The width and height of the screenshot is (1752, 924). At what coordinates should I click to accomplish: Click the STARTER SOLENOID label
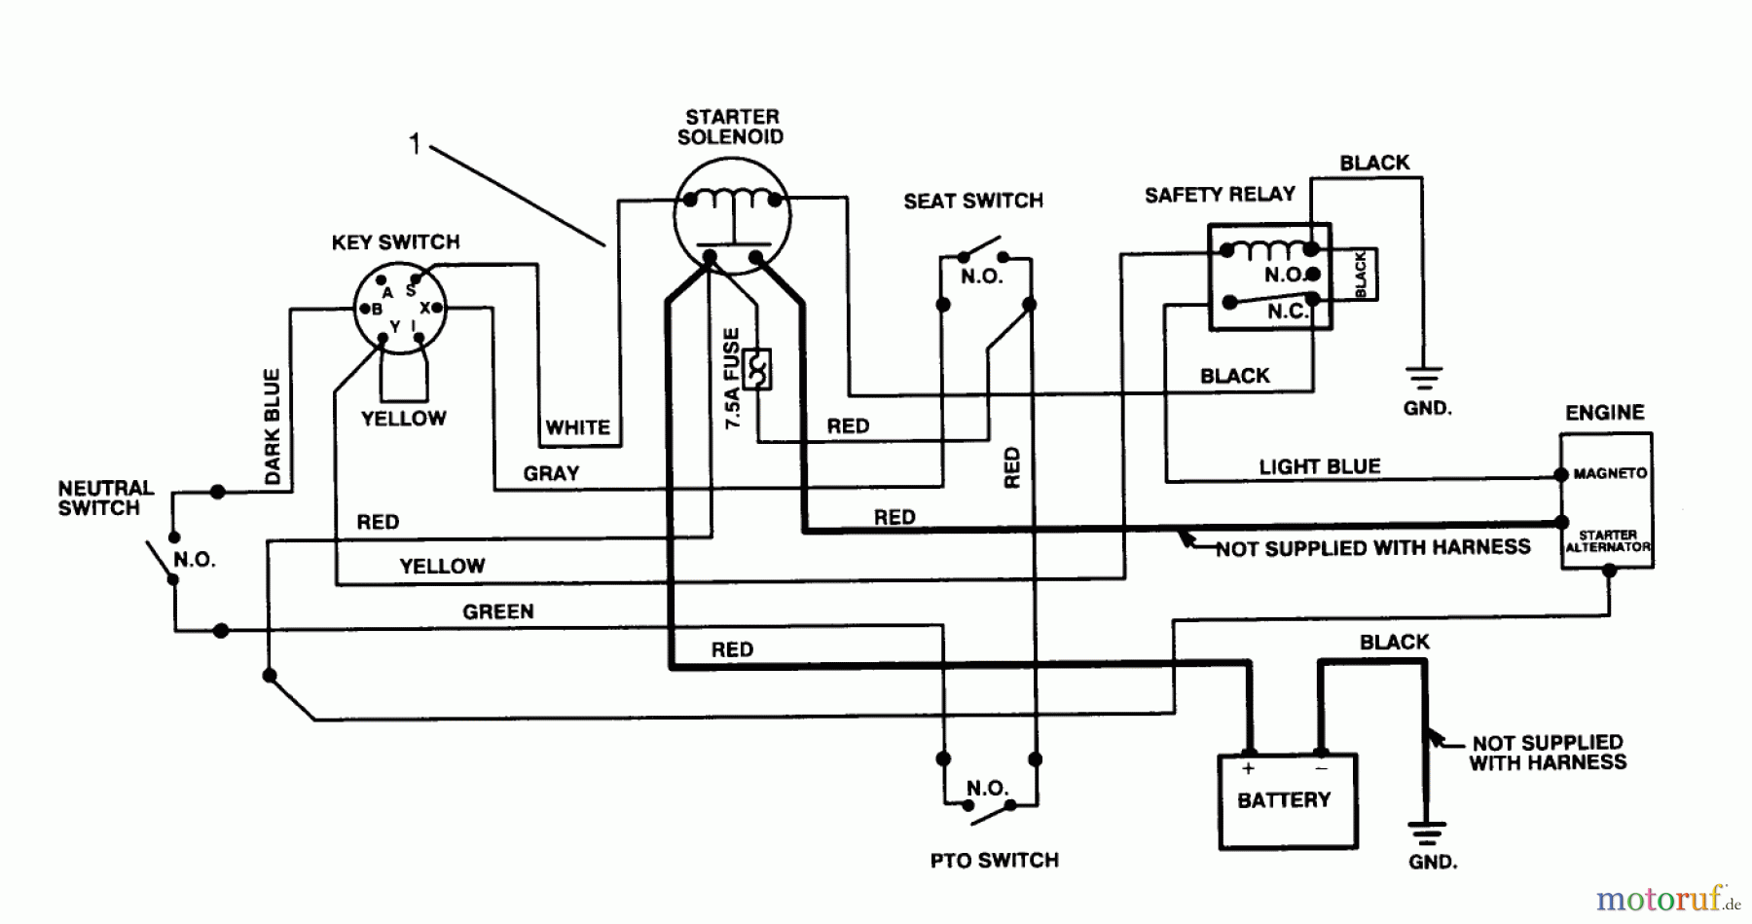click(x=731, y=128)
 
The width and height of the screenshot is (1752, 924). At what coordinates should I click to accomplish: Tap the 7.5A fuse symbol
click(x=756, y=369)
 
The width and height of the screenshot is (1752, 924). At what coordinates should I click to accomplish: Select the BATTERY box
click(x=1287, y=800)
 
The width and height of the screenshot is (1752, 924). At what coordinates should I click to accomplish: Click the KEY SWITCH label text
click(x=395, y=242)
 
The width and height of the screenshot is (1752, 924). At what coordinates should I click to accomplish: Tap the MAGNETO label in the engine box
click(x=1609, y=473)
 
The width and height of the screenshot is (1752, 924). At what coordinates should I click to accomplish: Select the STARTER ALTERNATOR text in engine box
click(x=1607, y=541)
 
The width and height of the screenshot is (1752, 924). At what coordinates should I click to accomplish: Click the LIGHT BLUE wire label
click(x=1319, y=466)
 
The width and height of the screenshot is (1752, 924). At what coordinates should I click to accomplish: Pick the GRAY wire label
click(x=551, y=473)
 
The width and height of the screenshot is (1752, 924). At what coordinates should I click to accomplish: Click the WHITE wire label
click(x=577, y=427)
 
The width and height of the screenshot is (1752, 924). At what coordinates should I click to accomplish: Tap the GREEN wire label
click(x=497, y=611)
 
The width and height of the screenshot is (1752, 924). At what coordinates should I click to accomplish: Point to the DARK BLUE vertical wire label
click(x=273, y=426)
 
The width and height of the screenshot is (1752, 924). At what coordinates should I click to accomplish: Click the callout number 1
click(x=415, y=145)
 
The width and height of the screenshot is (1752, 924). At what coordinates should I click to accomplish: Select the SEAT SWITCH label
click(x=972, y=201)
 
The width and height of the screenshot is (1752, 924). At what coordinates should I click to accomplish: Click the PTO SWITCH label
click(x=994, y=861)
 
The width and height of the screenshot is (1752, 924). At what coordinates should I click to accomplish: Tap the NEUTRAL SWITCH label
click(x=105, y=498)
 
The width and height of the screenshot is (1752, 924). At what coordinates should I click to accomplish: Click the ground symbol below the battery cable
click(x=1427, y=833)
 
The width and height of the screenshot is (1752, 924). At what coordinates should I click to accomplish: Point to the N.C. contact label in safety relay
click(x=1287, y=312)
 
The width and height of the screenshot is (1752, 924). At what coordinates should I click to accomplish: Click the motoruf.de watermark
click(x=1667, y=899)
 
